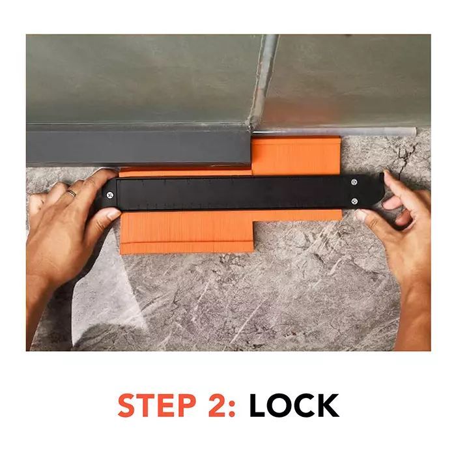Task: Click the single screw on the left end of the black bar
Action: [109, 195]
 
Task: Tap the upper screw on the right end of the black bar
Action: [354, 182]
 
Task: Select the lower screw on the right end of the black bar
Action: [354, 201]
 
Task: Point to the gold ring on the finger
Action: [72, 193]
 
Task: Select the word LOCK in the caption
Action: [294, 405]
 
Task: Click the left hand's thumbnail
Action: [114, 215]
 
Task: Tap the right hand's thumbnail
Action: [361, 214]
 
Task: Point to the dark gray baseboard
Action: [138, 147]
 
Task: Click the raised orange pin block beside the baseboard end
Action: [296, 156]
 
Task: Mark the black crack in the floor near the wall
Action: [405, 156]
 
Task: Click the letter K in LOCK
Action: [328, 405]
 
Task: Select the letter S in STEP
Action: [128, 405]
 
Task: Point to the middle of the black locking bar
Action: [244, 192]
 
